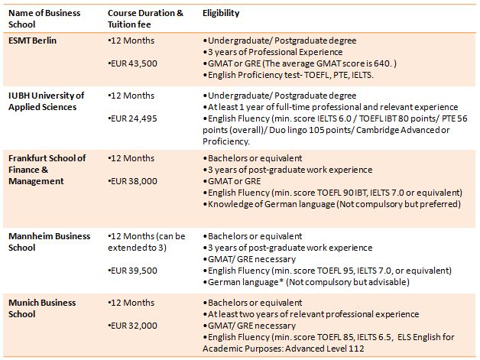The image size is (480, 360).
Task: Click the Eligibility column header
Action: click(221, 13)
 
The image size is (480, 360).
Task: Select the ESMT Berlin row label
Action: click(32, 41)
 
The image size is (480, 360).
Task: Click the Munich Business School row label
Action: click(42, 308)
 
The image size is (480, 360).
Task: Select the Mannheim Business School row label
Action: click(49, 242)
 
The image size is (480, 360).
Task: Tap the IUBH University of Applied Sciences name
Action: click(46, 102)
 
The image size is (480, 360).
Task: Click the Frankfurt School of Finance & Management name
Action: click(47, 170)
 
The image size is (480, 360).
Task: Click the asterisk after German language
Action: click(281, 281)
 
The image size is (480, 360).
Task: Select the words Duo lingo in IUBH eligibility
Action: click(288, 130)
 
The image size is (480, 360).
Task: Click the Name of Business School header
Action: click(44, 18)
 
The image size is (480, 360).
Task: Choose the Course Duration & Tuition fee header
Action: click(145, 18)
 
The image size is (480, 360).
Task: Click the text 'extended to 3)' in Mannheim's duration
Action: click(137, 248)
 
